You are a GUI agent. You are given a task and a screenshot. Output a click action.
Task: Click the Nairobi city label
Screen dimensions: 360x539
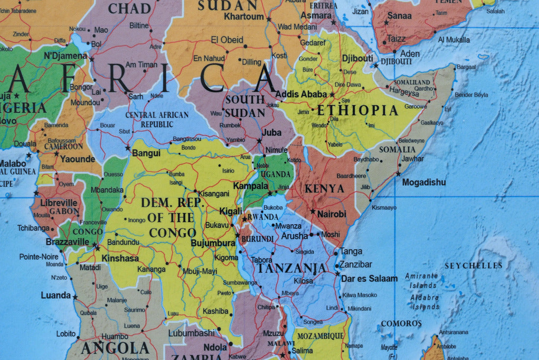pyautogui.click(x=331, y=214)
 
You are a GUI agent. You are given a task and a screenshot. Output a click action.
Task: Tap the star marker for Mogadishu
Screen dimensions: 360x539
pyautogui.click(x=398, y=174)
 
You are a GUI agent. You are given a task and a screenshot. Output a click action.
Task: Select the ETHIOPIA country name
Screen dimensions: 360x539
pyautogui.click(x=358, y=110)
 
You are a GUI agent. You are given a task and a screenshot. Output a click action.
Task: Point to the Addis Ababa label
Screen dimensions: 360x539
pyautogui.click(x=301, y=94)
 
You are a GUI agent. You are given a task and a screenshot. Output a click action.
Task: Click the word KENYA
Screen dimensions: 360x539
pyautogui.click(x=324, y=189)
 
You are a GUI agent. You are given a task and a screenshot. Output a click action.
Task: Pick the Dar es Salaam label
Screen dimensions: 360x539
pyautogui.click(x=369, y=278)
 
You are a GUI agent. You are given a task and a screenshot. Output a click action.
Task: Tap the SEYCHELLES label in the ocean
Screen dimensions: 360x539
pyautogui.click(x=473, y=265)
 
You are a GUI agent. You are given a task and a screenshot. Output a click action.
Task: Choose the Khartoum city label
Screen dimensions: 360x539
pyautogui.click(x=244, y=17)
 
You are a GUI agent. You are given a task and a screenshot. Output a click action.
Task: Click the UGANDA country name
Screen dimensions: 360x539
pyautogui.click(x=276, y=174)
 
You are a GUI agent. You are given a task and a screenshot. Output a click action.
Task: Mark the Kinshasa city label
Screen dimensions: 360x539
pyautogui.click(x=120, y=258)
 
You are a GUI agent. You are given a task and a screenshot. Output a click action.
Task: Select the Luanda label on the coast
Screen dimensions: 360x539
pyautogui.click(x=56, y=295)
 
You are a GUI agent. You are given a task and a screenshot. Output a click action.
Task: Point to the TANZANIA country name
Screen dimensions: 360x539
pyautogui.click(x=292, y=268)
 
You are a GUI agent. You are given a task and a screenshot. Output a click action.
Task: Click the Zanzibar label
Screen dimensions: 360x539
pyautogui.click(x=356, y=264)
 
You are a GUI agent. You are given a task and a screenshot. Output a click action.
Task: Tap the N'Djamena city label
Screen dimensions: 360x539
pyautogui.click(x=65, y=55)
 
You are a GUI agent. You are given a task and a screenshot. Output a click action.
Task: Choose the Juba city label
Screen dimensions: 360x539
pyautogui.click(x=271, y=132)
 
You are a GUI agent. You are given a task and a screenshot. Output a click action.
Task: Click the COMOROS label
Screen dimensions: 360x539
pyautogui.click(x=401, y=324)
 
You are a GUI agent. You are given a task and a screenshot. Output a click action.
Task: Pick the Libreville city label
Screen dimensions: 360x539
pyautogui.click(x=59, y=203)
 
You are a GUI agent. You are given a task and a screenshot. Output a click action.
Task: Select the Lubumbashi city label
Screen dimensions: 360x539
pyautogui.click(x=191, y=333)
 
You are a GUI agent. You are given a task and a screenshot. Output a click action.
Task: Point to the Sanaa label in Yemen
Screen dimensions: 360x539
pyautogui.click(x=399, y=16)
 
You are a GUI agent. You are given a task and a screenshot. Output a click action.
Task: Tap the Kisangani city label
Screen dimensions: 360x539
pyautogui.click(x=214, y=193)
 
